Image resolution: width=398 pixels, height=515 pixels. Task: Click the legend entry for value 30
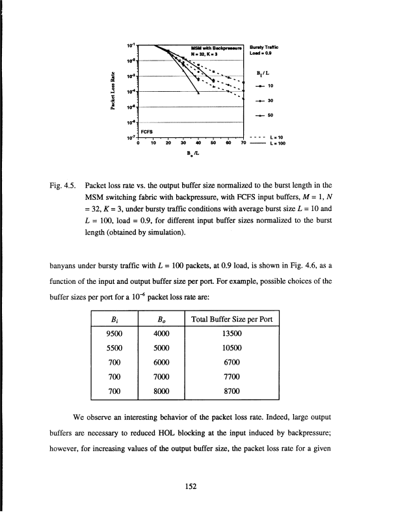(x=264, y=100)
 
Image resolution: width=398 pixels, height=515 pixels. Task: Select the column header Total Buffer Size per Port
(x=232, y=318)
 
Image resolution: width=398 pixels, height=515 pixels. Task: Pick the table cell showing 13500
(x=232, y=334)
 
